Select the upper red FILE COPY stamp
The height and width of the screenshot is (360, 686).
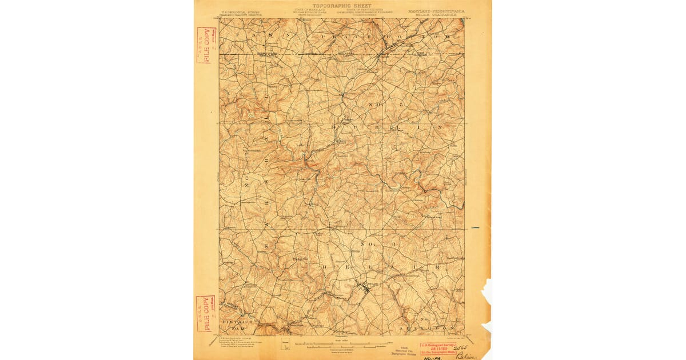point(204,45)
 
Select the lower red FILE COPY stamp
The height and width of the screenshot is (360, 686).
point(204,314)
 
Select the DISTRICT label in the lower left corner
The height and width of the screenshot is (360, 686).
point(237,322)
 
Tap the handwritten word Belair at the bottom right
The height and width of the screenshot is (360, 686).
point(464,354)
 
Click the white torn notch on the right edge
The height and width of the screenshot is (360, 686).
point(486,291)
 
